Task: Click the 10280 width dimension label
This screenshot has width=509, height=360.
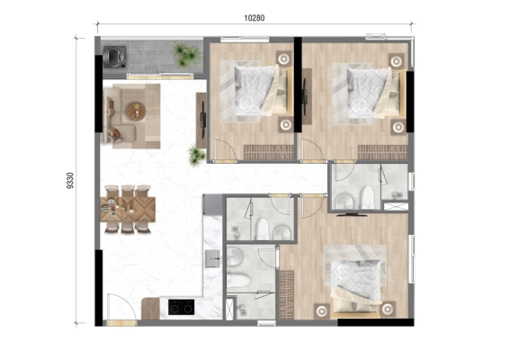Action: click(x=254, y=18)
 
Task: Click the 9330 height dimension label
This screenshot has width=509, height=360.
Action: click(x=70, y=180)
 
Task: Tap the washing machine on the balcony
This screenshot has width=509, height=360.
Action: click(x=114, y=57)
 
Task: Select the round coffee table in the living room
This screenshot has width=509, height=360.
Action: click(x=137, y=112)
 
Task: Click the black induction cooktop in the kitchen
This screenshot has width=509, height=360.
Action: click(x=181, y=307)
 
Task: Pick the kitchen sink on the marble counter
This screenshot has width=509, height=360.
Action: click(x=212, y=258)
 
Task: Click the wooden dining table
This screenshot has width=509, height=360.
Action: click(x=128, y=209)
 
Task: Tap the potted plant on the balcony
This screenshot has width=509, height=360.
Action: click(x=186, y=54)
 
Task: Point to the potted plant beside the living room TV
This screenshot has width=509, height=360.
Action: click(x=196, y=156)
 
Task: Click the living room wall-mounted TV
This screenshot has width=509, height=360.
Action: click(x=203, y=114)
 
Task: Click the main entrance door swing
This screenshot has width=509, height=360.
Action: click(x=121, y=307)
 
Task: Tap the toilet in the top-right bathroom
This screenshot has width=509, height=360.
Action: click(x=367, y=197)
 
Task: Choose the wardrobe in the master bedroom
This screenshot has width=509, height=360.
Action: click(x=287, y=294)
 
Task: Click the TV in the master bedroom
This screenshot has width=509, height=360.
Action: click(x=352, y=214)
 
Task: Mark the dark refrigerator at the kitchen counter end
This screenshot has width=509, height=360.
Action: click(x=212, y=204)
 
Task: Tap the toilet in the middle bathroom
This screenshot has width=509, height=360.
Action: click(x=262, y=229)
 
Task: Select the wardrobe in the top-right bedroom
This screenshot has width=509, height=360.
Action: click(x=383, y=152)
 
